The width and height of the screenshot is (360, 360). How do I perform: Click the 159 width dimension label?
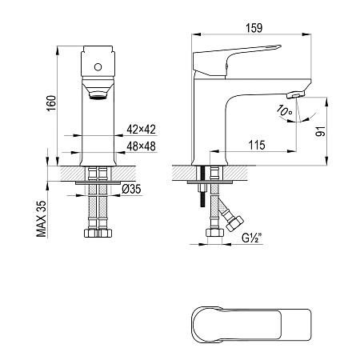pos(254,28)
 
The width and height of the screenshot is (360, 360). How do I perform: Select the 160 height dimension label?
pos(51,103)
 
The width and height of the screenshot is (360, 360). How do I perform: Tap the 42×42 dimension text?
pos(141,130)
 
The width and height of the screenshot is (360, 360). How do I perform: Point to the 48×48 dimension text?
pos(141,146)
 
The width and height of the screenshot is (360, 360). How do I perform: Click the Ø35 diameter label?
pos(131,189)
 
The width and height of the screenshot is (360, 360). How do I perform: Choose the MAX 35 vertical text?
pos(42,219)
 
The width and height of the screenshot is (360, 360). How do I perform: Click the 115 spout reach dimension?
pos(257,146)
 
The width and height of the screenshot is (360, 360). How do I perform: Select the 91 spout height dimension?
pos(321,131)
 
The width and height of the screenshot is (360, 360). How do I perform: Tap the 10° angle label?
pos(284,110)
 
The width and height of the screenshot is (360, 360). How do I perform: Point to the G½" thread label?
pos(252,238)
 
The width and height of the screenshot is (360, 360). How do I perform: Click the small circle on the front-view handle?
pos(98,67)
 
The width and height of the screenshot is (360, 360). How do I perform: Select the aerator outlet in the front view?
pos(98,95)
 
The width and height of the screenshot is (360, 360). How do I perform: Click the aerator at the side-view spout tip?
pos(296,94)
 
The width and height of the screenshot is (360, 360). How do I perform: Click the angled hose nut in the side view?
pos(234,223)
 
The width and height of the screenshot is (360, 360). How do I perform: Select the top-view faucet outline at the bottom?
pos(251,325)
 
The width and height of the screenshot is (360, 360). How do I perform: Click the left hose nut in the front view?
pos(90,233)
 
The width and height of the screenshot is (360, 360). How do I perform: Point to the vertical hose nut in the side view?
pos(214,233)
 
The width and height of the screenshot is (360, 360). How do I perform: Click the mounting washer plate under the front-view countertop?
pos(98,183)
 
